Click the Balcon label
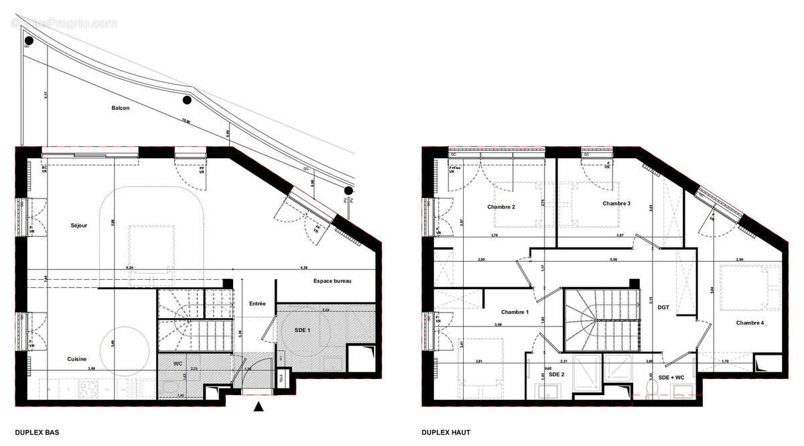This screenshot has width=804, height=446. (x=120, y=108)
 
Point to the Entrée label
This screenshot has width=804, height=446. (x=257, y=304)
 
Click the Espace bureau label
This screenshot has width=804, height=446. (x=332, y=281)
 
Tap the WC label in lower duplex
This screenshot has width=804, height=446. (x=178, y=363)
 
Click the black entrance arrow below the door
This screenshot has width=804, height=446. (x=259, y=406)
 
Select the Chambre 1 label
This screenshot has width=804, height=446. (x=515, y=312)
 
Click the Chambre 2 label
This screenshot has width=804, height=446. (x=500, y=207)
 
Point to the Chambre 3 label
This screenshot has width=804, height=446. (x=616, y=203)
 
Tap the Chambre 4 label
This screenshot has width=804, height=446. (x=750, y=323)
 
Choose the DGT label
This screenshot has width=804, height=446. (x=663, y=307)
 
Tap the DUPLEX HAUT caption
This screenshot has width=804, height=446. (x=446, y=433)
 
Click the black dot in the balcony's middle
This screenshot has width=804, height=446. (x=187, y=101)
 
